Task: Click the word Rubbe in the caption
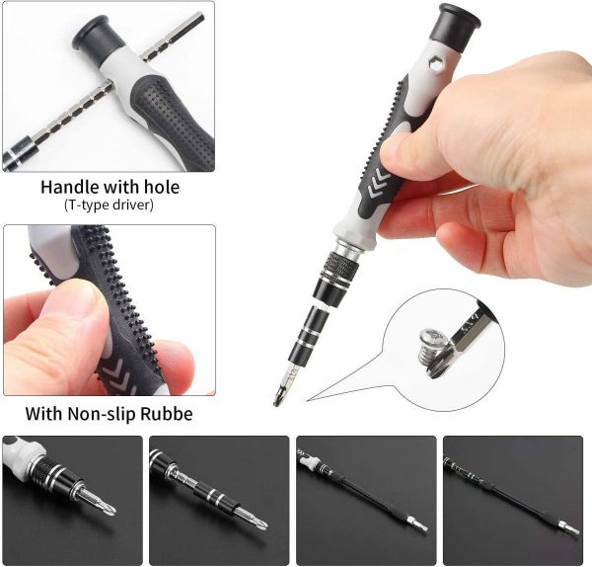[x=168, y=414]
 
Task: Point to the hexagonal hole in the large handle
[x=436, y=65]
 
